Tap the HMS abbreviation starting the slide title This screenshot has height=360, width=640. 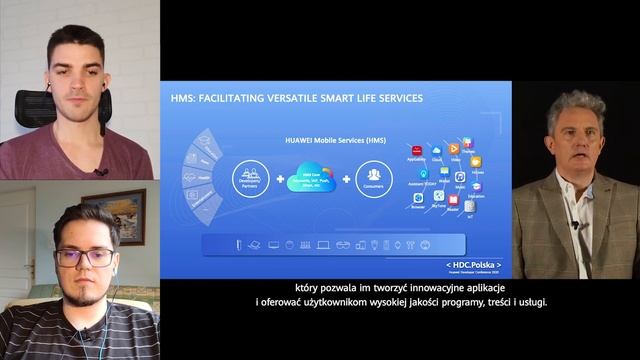186,98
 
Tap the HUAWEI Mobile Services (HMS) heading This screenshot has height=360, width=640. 313,139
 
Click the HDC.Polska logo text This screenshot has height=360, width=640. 473,265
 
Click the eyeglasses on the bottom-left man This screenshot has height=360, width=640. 84,257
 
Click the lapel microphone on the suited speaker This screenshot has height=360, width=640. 575,224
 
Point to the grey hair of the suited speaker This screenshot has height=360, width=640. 575,106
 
